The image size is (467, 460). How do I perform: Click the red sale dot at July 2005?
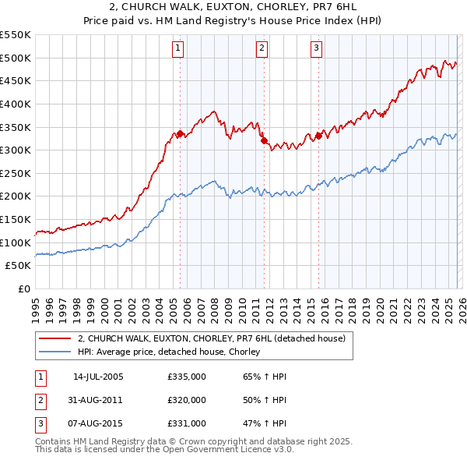tap(180, 133)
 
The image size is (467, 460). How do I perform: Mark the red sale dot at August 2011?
tap(264, 140)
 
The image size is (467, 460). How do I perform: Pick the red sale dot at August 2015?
tap(318, 136)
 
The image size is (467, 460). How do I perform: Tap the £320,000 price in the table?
tap(187, 400)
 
